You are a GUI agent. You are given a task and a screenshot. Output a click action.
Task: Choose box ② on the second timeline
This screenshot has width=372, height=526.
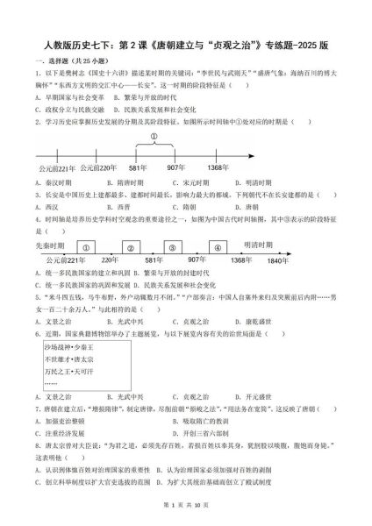pyautogui.click(x=130, y=246)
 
